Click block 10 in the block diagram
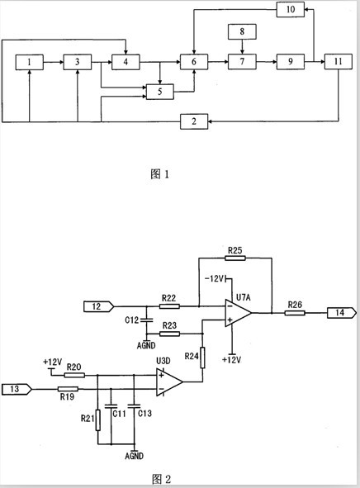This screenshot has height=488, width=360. coord(291,9)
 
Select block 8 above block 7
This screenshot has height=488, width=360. coord(242,31)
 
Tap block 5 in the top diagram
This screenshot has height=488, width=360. coord(160,92)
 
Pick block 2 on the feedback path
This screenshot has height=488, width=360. coord(194,121)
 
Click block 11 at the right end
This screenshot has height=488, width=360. coord(339,62)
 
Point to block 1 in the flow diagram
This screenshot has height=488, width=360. coord(29,62)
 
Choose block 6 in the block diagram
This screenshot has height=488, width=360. coord(194,62)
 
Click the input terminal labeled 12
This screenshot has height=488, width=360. coord(98,306)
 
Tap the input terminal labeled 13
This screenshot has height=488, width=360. coord(17,389)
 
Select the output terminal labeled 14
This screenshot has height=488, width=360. coord(341,312)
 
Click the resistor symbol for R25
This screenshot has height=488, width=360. coord(235,258)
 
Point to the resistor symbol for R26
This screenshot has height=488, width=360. coord(295,312)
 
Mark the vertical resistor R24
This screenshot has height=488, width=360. coord(202,358)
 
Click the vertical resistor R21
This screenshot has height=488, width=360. coord(98,420)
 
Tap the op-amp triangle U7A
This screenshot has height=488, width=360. coord(238,313)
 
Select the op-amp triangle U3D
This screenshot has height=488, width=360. coord(169,382)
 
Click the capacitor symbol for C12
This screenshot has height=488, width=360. coord(146,320)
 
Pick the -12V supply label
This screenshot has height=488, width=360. coord(215,278)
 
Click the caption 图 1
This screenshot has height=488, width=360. coord(159,174)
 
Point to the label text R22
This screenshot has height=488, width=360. coord(169,298)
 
